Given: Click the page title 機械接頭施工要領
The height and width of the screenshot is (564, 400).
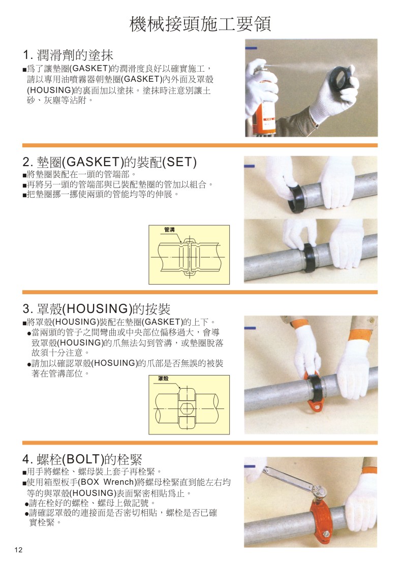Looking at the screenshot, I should click(200, 23).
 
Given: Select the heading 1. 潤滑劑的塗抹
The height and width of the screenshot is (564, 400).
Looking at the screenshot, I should click(68, 55).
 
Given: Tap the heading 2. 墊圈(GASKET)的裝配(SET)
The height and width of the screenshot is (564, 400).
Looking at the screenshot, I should click(109, 162).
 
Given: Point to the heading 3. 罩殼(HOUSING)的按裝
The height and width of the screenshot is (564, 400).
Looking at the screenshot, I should click(96, 309).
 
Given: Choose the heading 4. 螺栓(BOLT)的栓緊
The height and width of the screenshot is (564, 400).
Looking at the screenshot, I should click(82, 459).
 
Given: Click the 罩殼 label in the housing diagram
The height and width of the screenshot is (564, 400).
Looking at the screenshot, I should click(163, 380).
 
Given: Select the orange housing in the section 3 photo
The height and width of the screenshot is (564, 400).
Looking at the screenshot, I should click(313, 391).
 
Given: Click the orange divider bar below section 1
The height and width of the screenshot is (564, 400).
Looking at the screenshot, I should click(200, 145).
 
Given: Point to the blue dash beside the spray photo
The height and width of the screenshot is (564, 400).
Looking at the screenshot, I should click(251, 48).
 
